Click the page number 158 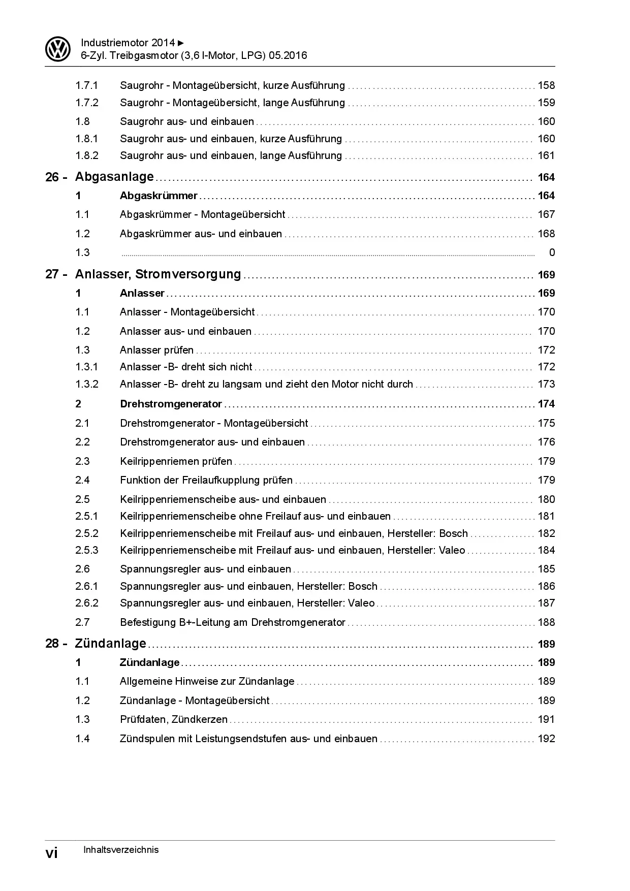pyautogui.click(x=546, y=85)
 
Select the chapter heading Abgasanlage pyautogui.click(x=114, y=177)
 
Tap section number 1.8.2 pyautogui.click(x=87, y=155)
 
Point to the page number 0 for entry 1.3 pyautogui.click(x=552, y=252)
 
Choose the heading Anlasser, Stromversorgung pyautogui.click(x=158, y=274)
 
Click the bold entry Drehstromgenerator pyautogui.click(x=171, y=404)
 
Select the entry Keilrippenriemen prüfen pyautogui.click(x=176, y=461)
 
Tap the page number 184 pyautogui.click(x=546, y=550)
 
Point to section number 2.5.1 pyautogui.click(x=87, y=516)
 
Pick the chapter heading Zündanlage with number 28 pyautogui.click(x=110, y=644)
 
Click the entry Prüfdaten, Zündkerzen pyautogui.click(x=174, y=719)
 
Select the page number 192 pyautogui.click(x=546, y=739)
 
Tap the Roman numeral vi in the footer pyautogui.click(x=52, y=853)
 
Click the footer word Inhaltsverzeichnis pyautogui.click(x=120, y=850)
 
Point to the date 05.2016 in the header pyautogui.click(x=288, y=55)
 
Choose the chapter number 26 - pyautogui.click(x=56, y=177)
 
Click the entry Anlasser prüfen pyautogui.click(x=156, y=350)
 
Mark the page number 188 pyautogui.click(x=546, y=622)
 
